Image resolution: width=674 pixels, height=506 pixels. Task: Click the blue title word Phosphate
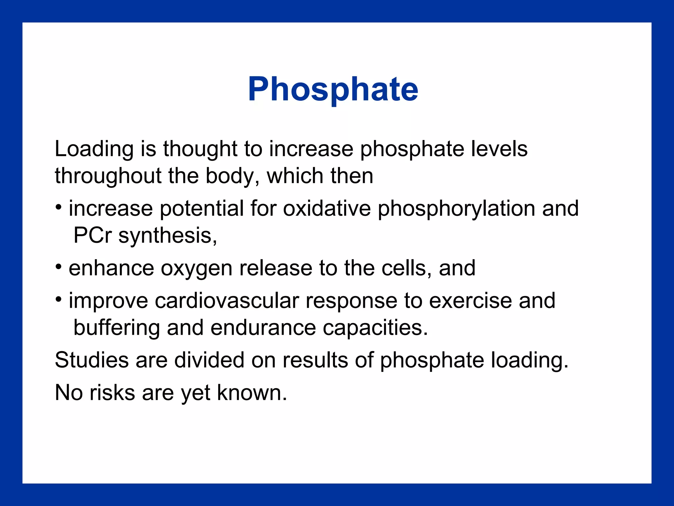[333, 89]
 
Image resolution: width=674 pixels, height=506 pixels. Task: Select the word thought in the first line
[200, 149]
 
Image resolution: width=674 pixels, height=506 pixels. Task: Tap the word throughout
[108, 176]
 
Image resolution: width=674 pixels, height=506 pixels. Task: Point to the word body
[230, 176]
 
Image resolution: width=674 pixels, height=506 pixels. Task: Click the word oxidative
[326, 209]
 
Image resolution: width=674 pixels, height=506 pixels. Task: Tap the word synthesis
[167, 236]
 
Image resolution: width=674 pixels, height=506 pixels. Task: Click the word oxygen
[196, 268]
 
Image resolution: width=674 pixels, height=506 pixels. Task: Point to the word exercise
[470, 301]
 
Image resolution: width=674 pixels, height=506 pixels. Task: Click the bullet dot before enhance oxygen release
[59, 266]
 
